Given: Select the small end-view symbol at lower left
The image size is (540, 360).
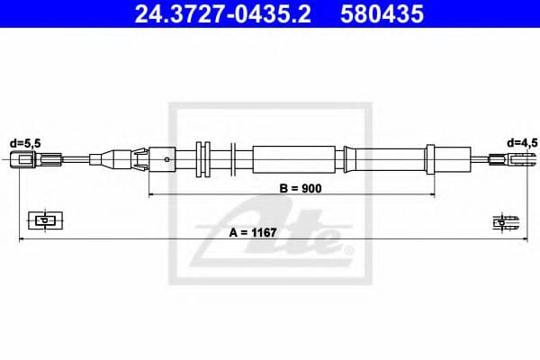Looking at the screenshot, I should (x=42, y=219).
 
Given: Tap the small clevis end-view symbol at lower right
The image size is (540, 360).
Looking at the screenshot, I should (x=505, y=222).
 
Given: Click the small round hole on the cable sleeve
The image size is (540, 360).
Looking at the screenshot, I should (x=168, y=160).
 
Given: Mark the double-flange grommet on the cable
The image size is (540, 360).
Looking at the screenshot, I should (x=202, y=160).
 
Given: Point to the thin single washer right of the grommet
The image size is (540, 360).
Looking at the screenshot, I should (x=232, y=160).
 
